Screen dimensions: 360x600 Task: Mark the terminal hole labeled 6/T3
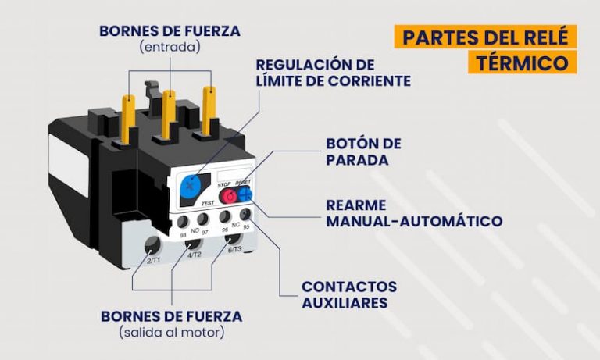click(230, 239)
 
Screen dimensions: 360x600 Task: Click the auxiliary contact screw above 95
click(245, 212)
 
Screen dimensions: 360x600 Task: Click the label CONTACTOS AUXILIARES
click(349, 294)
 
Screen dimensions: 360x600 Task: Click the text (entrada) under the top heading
click(170, 47)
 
